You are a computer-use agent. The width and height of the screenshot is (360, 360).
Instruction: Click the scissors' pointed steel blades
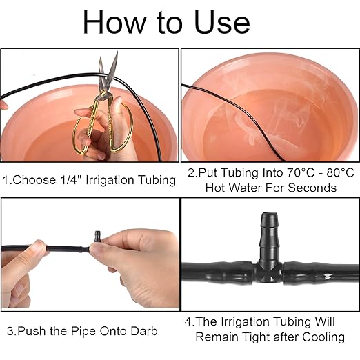point(105,73)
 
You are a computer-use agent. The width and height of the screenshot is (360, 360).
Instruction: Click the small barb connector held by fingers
point(97,239)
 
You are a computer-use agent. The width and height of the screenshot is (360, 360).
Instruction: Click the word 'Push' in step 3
point(31,331)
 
